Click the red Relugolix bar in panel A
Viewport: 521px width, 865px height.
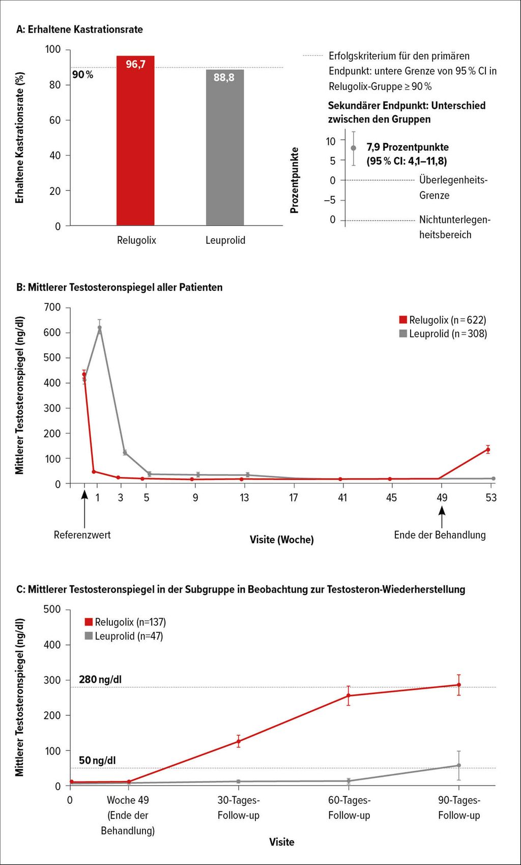coord(135,141)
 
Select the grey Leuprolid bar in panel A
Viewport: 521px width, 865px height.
coord(225,148)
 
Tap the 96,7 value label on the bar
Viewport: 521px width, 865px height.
coord(135,65)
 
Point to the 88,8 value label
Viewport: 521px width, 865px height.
coord(224,77)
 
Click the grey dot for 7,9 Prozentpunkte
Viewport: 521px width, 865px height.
coord(353,148)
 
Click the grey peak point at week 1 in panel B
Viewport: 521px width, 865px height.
coord(100,328)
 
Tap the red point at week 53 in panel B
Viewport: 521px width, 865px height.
coord(488,450)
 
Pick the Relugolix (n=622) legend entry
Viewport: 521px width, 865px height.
coord(443,320)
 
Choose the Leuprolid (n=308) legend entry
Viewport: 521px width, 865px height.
coord(443,333)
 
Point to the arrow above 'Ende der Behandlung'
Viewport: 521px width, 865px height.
coord(442,517)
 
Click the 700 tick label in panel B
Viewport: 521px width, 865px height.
coord(52,308)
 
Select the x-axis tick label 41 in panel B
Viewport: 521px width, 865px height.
coord(342,498)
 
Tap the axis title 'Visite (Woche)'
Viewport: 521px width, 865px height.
coord(282,540)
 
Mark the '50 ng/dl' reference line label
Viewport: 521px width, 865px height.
coord(97,760)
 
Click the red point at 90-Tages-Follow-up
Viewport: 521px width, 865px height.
coord(459,685)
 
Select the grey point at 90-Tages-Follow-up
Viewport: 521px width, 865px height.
coord(459,765)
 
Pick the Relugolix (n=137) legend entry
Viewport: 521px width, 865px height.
coord(126,622)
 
